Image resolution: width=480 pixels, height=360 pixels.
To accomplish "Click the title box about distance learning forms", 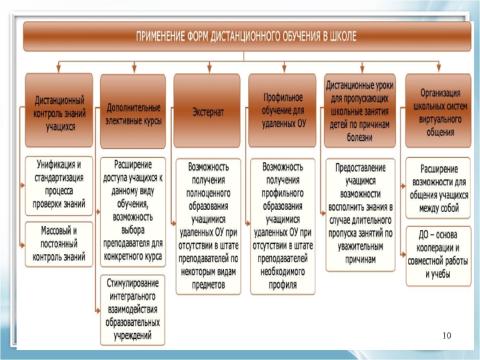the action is point(246,37).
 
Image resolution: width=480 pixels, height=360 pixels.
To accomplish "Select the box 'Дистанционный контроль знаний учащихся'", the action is point(59,111).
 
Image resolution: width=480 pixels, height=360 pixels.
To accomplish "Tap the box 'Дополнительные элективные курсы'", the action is point(133,112).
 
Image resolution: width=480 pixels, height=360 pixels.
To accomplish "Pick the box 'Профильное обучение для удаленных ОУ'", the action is point(282,111).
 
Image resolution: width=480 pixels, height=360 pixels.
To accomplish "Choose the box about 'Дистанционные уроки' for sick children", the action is point(359,111).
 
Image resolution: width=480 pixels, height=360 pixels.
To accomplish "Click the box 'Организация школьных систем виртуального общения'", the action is point(437,111).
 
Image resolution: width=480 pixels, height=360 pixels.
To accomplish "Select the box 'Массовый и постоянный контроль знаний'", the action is point(59,244).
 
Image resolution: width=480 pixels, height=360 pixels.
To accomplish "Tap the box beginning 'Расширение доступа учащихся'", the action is point(133,212).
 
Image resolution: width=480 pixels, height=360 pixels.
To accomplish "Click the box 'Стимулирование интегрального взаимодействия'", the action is point(133,309).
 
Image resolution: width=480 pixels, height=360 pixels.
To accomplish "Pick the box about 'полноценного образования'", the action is point(208,226).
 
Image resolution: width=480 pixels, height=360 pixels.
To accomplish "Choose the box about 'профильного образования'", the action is point(282,226).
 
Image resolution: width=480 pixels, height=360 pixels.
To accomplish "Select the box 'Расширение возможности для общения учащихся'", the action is point(437,187).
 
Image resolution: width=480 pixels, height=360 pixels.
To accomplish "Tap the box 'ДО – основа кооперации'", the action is point(437,254).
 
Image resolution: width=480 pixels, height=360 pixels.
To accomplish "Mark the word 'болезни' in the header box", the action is point(359,137).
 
